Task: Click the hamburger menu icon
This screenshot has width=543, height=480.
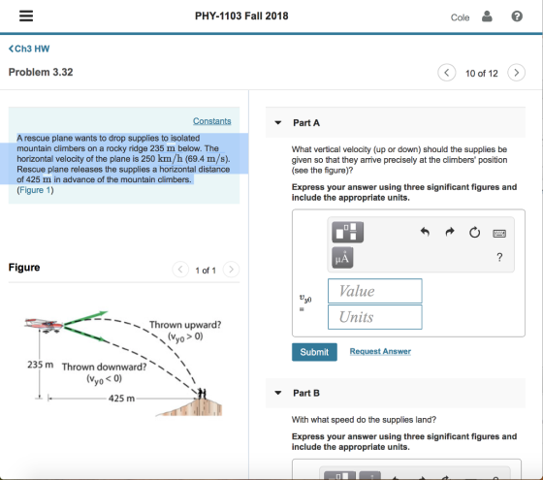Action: click(x=26, y=16)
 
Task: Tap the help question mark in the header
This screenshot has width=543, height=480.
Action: click(x=517, y=16)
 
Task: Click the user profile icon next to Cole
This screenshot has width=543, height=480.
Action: click(x=487, y=16)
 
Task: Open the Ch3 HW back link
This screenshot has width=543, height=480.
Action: click(x=29, y=48)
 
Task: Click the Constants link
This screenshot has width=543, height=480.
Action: click(x=212, y=121)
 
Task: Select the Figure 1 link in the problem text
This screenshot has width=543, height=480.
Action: click(x=35, y=190)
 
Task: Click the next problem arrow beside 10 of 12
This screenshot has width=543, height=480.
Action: click(x=516, y=73)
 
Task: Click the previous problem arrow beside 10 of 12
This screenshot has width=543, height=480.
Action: click(x=447, y=73)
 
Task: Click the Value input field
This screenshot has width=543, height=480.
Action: click(x=375, y=291)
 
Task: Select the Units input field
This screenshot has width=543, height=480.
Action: click(x=375, y=317)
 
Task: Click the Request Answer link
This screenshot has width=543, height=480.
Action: click(x=380, y=351)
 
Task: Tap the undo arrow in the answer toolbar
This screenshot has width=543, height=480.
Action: click(x=425, y=232)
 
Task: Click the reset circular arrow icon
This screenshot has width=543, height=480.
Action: click(x=474, y=232)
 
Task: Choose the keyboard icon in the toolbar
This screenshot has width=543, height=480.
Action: click(x=499, y=234)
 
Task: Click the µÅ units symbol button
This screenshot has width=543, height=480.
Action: click(x=342, y=258)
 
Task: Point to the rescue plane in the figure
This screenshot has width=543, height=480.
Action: click(x=44, y=325)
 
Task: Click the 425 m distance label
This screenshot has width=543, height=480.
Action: click(x=121, y=399)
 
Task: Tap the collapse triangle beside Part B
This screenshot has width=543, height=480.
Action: click(x=277, y=393)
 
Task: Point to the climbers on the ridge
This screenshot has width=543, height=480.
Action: click(x=202, y=394)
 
